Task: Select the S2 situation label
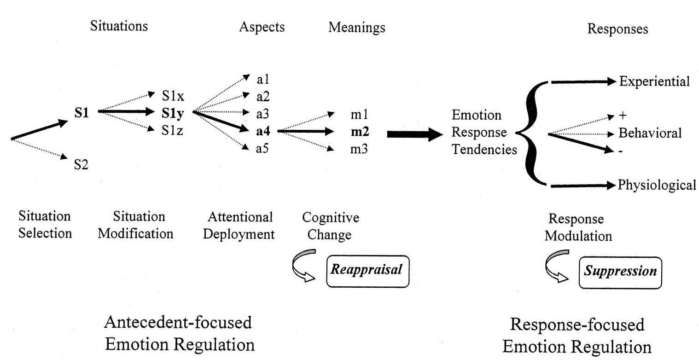pyautogui.click(x=81, y=165)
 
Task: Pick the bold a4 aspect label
pyautogui.click(x=263, y=131)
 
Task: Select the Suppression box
pyautogui.click(x=620, y=272)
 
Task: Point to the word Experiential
pyautogui.click(x=654, y=81)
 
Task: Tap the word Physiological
pyautogui.click(x=657, y=185)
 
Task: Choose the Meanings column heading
pyautogui.click(x=356, y=28)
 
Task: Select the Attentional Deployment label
pyautogui.click(x=239, y=225)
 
